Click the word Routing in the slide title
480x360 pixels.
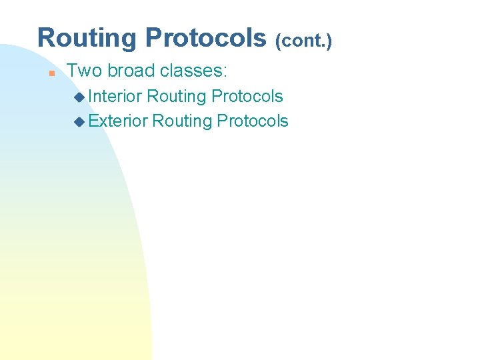[x=88, y=39]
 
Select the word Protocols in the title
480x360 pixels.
[x=205, y=39]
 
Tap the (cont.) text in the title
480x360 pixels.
[x=303, y=41]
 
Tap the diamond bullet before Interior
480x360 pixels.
[x=80, y=97]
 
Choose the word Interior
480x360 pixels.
[x=115, y=97]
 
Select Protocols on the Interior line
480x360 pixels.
[x=247, y=97]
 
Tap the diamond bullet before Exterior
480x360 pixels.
[x=80, y=122]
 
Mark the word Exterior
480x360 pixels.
[x=117, y=121]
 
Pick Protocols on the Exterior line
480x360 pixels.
[x=253, y=121]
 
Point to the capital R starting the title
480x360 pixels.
[x=45, y=38]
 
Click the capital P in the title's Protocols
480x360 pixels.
[x=152, y=38]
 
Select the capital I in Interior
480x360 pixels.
[x=91, y=97]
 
